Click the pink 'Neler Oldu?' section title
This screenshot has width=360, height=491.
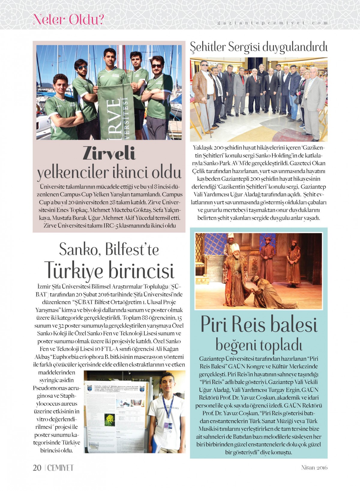coord(68,20)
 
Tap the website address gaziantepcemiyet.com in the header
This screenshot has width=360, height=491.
coord(272,23)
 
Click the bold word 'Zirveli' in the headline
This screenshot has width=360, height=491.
coord(109,153)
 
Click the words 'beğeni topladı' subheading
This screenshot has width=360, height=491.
coord(259,345)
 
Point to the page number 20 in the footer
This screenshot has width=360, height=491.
coord(37,468)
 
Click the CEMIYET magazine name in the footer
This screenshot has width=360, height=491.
coord(60,468)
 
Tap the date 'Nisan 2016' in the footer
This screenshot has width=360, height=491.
coord(314,468)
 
